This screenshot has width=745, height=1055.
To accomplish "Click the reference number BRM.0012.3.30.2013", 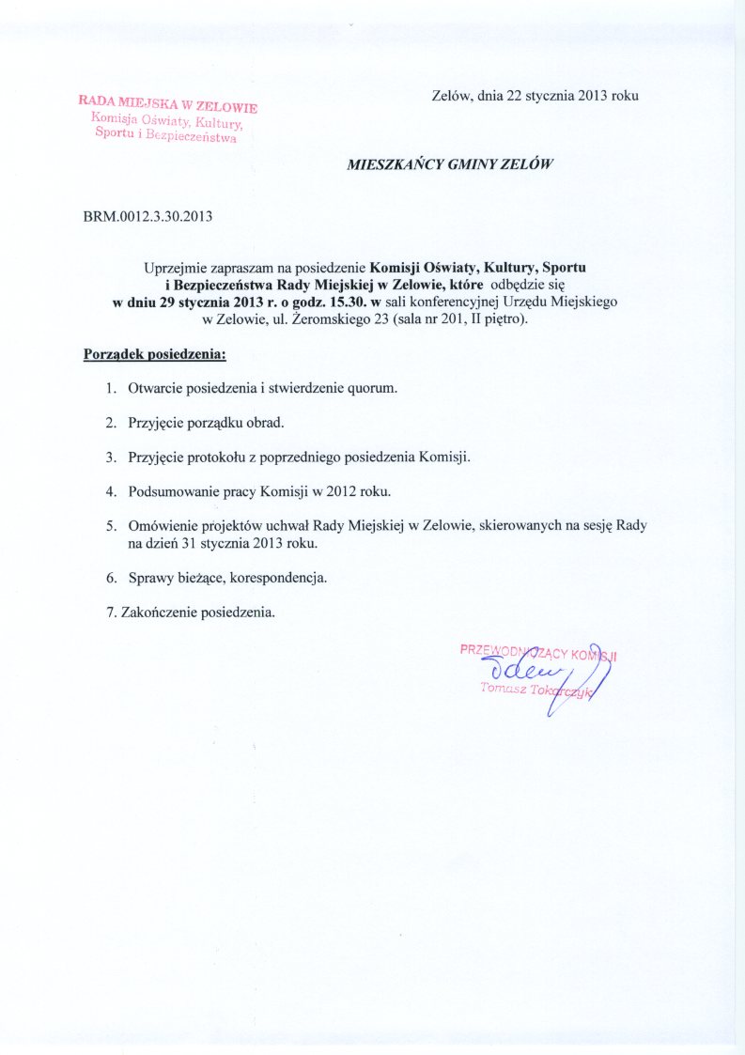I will pyautogui.click(x=148, y=216).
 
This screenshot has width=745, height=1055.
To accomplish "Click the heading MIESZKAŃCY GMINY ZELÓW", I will pyautogui.click(x=450, y=163).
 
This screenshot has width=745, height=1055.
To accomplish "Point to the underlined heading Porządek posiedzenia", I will pyautogui.click(x=155, y=356).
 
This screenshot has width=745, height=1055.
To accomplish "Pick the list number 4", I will pyautogui.click(x=110, y=491).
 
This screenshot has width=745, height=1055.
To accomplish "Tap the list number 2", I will pyautogui.click(x=110, y=423).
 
